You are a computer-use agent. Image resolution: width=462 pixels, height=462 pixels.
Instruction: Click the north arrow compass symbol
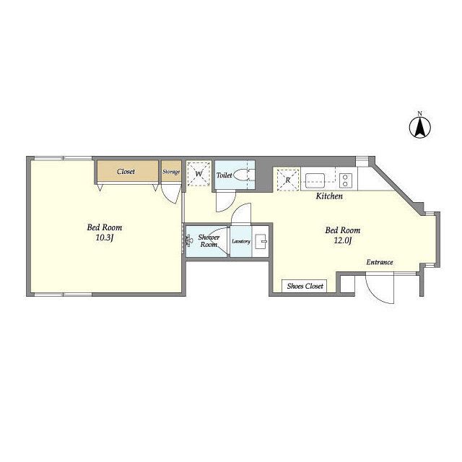420,127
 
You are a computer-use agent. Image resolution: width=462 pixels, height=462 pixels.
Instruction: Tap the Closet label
126,172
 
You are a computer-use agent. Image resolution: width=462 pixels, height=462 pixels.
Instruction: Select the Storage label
171,172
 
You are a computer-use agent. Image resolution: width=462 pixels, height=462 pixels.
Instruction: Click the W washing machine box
199,174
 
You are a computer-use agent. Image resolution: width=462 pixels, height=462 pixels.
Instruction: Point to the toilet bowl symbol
242,175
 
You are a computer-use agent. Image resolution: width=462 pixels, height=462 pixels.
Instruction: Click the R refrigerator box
288,180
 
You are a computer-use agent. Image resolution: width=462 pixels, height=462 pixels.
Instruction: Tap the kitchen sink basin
315,180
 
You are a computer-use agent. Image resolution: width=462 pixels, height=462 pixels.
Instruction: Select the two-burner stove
346,180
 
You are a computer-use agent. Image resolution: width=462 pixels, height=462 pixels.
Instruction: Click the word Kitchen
329,196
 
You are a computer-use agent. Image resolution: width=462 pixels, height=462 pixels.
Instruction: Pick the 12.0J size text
343,240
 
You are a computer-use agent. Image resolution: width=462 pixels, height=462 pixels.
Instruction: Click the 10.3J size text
105,237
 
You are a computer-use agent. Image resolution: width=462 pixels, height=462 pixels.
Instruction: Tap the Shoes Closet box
305,286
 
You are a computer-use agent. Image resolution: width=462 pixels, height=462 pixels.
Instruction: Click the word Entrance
380,262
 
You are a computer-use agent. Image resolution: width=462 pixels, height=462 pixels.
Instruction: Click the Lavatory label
241,241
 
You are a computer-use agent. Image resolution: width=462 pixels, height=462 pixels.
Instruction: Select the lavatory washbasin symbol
261,241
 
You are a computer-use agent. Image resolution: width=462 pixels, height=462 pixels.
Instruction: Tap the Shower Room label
209,240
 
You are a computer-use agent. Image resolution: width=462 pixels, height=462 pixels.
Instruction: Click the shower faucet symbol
188,240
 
